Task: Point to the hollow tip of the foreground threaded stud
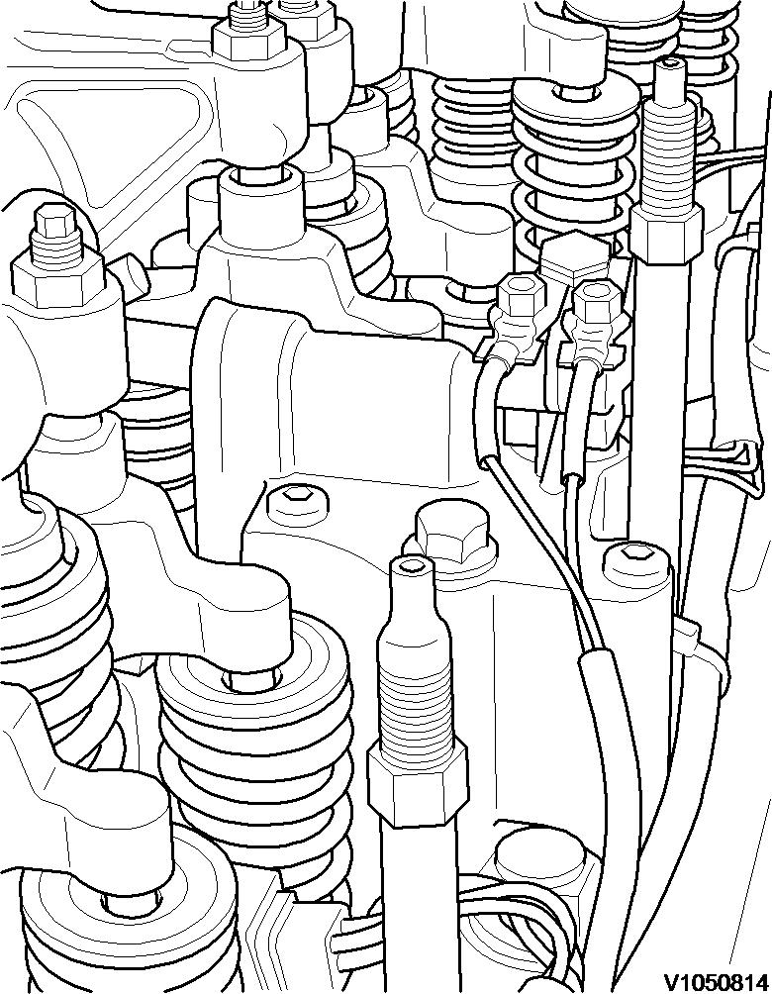pyautogui.click(x=412, y=564)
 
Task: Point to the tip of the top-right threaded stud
pyautogui.click(x=671, y=65)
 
